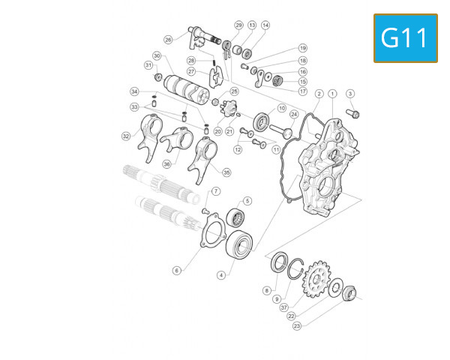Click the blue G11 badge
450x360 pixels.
pyautogui.click(x=405, y=38)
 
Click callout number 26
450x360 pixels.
pyautogui.click(x=168, y=40)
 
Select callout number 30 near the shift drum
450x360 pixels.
pyautogui.click(x=157, y=56)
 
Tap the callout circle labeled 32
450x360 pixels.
pyautogui.click(x=127, y=136)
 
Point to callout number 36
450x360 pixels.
pyautogui.click(x=166, y=163)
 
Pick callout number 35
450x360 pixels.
pyautogui.click(x=226, y=172)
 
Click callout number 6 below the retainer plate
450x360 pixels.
pyautogui.click(x=176, y=271)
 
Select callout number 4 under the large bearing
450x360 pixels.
pyautogui.click(x=221, y=275)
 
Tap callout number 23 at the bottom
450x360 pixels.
pyautogui.click(x=297, y=325)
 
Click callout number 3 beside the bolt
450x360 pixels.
pyautogui.click(x=349, y=94)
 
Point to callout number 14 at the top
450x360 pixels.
pyautogui.click(x=265, y=25)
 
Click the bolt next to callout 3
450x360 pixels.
pyautogui.click(x=354, y=114)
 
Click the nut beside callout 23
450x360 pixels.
pyautogui.click(x=349, y=292)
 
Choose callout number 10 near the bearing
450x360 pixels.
pyautogui.click(x=282, y=108)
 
